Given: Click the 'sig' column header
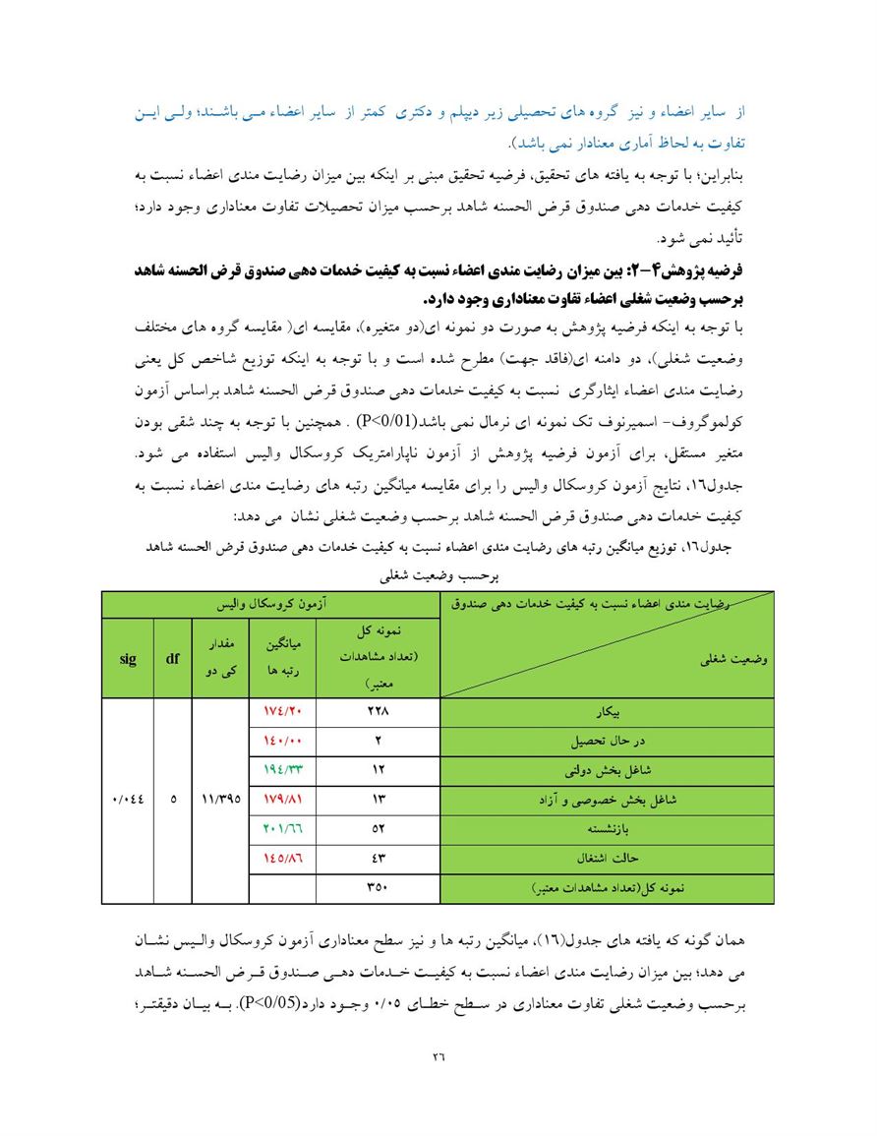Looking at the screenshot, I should (x=128, y=659).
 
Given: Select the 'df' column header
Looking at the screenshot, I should (x=172, y=659).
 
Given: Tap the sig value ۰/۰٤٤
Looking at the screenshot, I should (x=128, y=800).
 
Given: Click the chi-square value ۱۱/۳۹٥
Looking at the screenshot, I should (x=221, y=800).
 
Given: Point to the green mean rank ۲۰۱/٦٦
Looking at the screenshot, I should (x=282, y=828).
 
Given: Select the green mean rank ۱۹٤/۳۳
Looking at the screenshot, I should (x=282, y=770).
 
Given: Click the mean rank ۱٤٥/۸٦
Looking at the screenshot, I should (x=282, y=858).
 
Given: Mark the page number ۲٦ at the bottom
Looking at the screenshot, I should (x=438, y=1057).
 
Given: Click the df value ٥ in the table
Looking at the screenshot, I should (x=172, y=800).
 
